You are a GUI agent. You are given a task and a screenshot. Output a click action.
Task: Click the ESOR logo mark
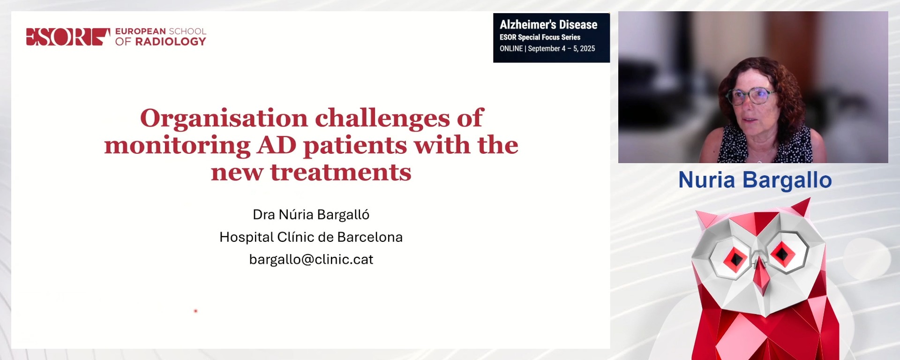click(67, 37)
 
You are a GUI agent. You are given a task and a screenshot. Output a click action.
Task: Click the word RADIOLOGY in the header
click(171, 42)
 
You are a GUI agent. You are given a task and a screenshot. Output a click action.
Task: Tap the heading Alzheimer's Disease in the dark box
click(548, 24)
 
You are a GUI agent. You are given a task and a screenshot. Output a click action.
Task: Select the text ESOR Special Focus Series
click(540, 37)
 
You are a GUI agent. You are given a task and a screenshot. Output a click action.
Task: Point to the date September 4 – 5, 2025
click(561, 48)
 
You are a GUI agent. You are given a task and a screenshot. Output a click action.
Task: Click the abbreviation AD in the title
click(277, 145)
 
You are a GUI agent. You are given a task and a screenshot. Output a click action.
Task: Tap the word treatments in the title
click(341, 172)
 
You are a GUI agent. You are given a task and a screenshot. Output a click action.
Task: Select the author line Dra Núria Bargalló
click(311, 214)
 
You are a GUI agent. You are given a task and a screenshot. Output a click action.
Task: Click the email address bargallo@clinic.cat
click(311, 259)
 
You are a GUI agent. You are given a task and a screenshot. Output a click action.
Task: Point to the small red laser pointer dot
click(195, 311)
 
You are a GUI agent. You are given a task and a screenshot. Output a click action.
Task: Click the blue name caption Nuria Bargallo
click(755, 180)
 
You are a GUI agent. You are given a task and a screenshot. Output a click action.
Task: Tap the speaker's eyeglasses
click(750, 96)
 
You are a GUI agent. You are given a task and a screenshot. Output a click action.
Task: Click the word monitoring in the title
click(177, 145)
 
